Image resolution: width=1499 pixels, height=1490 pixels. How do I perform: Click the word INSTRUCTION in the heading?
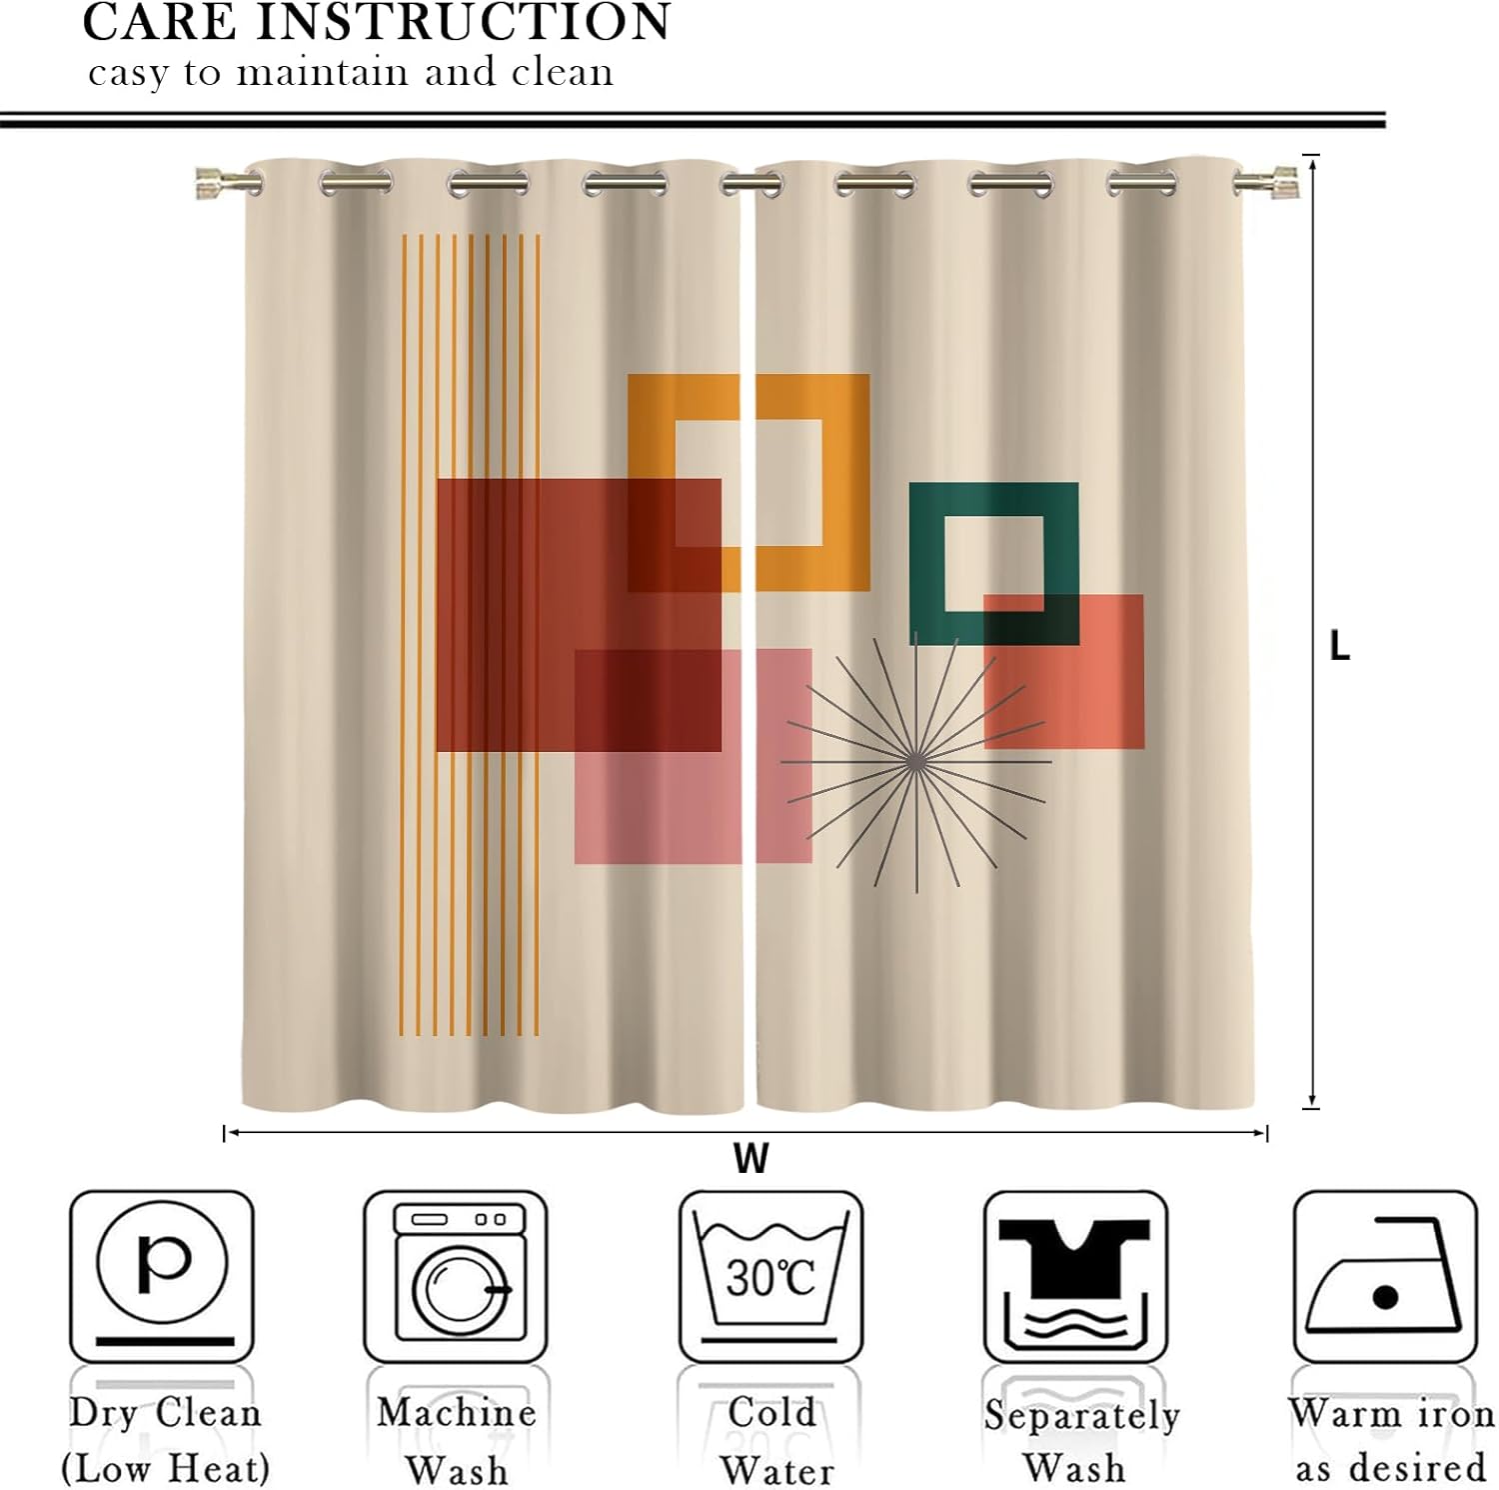(464, 22)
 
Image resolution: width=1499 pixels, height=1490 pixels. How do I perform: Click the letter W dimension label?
(750, 1159)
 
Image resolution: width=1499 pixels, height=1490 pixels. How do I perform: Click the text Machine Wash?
(457, 1441)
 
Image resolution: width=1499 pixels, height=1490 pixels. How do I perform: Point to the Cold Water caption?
(775, 1441)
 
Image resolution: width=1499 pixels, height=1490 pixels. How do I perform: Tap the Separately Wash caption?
(1080, 1441)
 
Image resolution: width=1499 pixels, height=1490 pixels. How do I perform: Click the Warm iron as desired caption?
(1391, 1441)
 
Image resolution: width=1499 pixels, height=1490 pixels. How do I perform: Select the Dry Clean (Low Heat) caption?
(165, 1441)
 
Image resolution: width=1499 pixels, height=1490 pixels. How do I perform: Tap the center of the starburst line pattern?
(915, 762)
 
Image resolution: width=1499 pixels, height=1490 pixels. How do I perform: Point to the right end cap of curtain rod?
(1278, 183)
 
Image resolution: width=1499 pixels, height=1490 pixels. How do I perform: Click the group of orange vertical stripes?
(470, 635)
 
